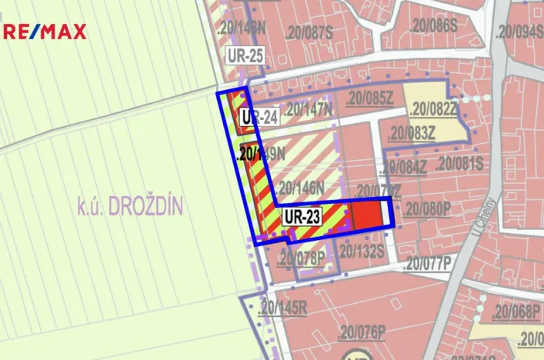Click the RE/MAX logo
click(x=45, y=32)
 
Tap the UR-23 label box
click(x=302, y=216)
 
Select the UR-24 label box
click(x=259, y=118)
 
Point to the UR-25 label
click(x=245, y=55)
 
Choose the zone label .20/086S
click(x=435, y=25)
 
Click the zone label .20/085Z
click(x=369, y=98)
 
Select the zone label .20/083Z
click(x=412, y=133)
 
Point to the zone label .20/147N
click(x=308, y=110)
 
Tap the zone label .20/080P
click(x=427, y=207)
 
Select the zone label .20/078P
click(x=302, y=256)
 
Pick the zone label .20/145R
click(x=283, y=308)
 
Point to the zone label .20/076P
click(x=360, y=332)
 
